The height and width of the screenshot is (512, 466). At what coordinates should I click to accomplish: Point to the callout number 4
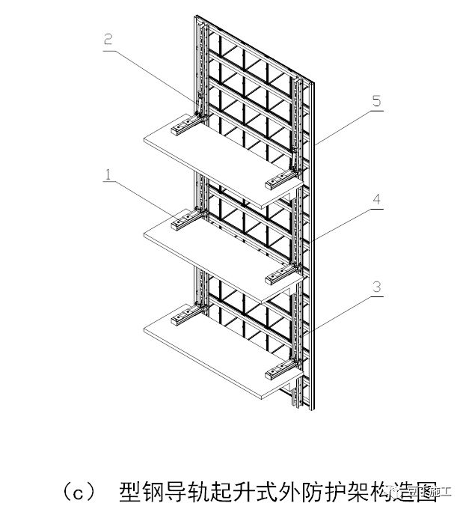pos(377,200)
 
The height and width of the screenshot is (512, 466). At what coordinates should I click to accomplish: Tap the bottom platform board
pos(217,352)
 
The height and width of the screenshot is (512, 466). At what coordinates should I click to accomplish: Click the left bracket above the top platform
pos(184,123)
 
